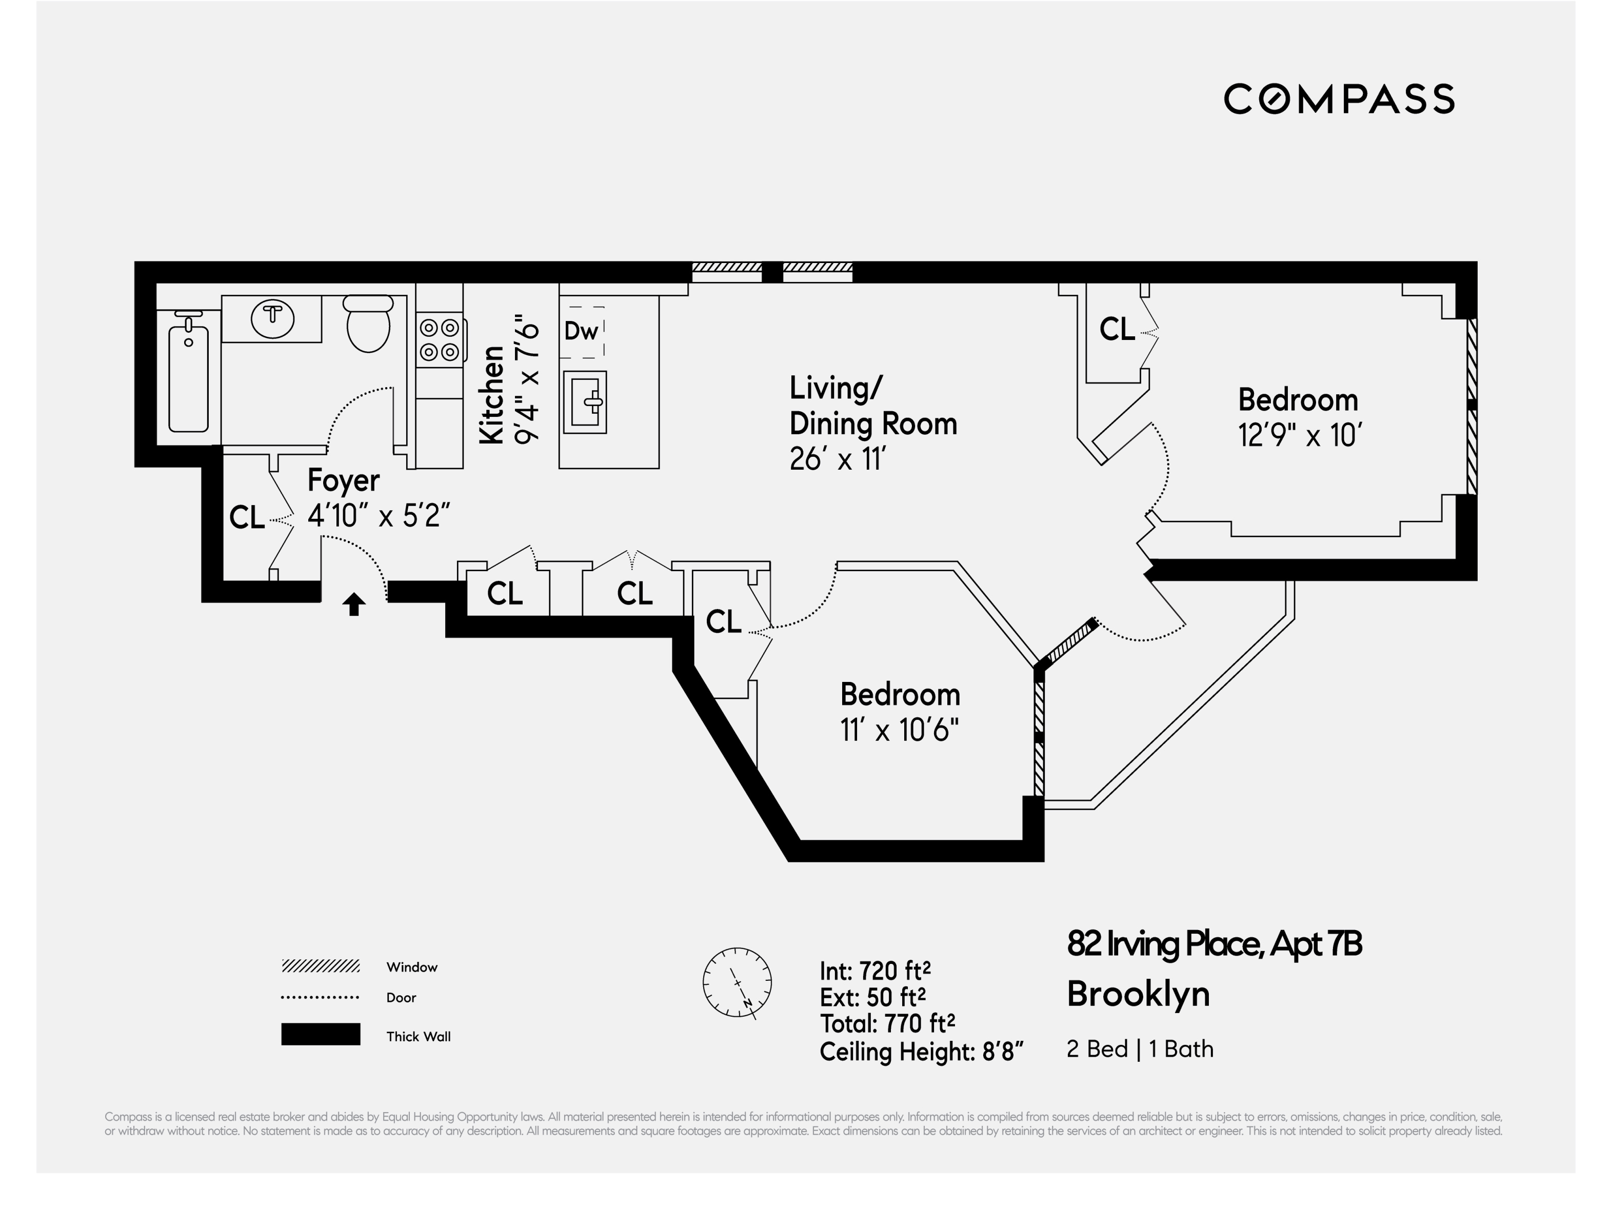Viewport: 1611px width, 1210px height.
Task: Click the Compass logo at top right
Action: pyautogui.click(x=1339, y=99)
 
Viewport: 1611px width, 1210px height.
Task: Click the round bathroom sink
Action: pyautogui.click(x=272, y=318)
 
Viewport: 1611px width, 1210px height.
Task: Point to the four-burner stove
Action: pyautogui.click(x=439, y=340)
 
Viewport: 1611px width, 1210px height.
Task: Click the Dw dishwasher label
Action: pyautogui.click(x=581, y=331)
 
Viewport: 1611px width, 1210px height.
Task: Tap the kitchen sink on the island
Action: pyautogui.click(x=585, y=402)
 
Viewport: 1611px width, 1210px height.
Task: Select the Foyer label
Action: pyautogui.click(x=343, y=480)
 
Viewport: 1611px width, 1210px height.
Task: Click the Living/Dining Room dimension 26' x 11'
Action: pyautogui.click(x=837, y=459)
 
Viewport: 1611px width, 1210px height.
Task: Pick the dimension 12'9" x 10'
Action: pyautogui.click(x=1299, y=435)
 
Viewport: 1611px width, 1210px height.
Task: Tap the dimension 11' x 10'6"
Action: pyautogui.click(x=900, y=730)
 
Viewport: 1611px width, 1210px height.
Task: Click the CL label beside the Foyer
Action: pyautogui.click(x=247, y=518)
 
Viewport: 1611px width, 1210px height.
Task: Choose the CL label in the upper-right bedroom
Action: pyautogui.click(x=1117, y=329)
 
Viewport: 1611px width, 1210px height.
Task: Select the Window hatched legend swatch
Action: pyautogui.click(x=321, y=966)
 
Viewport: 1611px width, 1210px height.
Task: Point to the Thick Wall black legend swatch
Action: pyautogui.click(x=321, y=1035)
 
